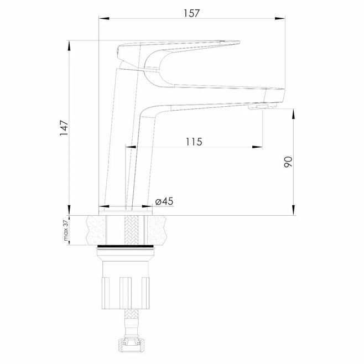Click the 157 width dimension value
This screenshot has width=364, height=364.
tap(191, 13)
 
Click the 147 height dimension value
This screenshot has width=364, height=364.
tap(64, 128)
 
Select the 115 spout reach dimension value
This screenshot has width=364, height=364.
tap(194, 142)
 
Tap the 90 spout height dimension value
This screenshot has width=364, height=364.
tap(288, 162)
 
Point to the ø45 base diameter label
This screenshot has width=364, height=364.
tap(164, 201)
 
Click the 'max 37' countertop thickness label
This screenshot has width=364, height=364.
tap(66, 230)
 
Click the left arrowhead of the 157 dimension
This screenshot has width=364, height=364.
tap(104, 18)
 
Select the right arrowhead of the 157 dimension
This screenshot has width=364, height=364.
tap(280, 18)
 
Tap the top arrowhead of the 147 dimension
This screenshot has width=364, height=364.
tap(69, 45)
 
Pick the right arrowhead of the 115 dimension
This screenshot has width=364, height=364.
tap(257, 147)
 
